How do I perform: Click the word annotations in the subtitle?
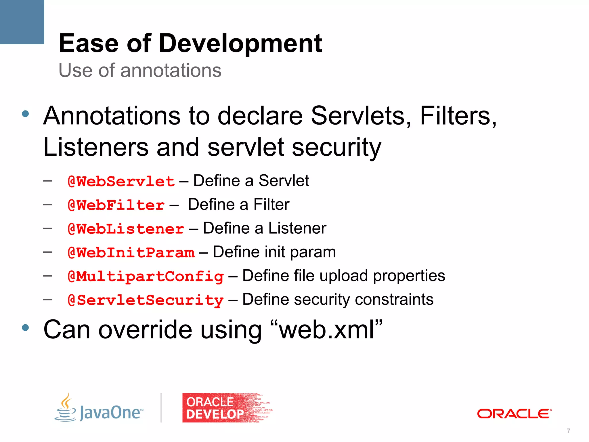[171, 71]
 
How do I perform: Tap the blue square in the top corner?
[22, 22]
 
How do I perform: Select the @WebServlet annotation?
[121, 182]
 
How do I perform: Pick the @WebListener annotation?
[126, 229]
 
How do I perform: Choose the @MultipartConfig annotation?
[146, 277]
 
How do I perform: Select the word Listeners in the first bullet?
[96, 147]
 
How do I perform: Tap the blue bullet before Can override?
[25, 327]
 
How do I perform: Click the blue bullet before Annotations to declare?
[25, 114]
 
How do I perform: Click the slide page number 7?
[568, 431]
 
